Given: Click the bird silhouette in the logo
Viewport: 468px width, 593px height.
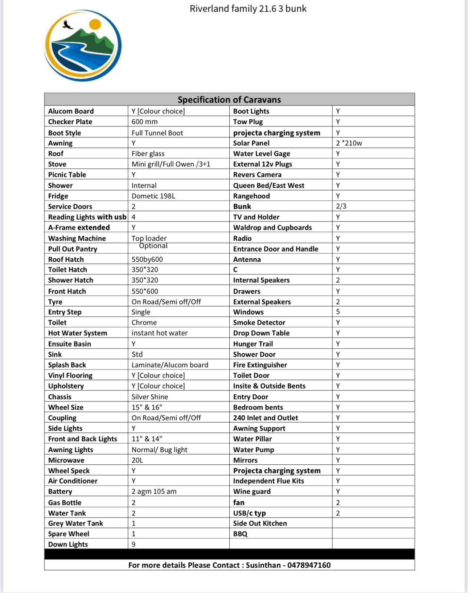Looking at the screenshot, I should (x=67, y=25).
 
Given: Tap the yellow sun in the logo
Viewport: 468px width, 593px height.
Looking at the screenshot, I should (x=95, y=24).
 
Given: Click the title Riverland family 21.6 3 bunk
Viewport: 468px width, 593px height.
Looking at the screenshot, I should (x=248, y=9).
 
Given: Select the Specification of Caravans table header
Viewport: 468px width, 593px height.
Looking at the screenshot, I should (x=229, y=100).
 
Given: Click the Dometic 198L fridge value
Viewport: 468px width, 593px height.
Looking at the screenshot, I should (x=153, y=196).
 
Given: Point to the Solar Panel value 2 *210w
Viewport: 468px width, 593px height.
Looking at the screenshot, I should (x=349, y=143).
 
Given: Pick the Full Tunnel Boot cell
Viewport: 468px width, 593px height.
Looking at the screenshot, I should (x=157, y=133).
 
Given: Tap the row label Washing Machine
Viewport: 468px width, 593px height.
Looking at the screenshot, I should (x=77, y=238).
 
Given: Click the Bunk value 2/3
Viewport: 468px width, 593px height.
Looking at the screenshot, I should (x=341, y=206).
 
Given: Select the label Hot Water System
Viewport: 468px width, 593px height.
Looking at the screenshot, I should (x=78, y=333).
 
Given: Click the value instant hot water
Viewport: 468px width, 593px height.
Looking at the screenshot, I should (x=160, y=333).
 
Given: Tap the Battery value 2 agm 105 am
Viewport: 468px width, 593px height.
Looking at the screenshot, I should (x=154, y=492).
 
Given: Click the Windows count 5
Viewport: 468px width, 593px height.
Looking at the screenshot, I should (x=338, y=312).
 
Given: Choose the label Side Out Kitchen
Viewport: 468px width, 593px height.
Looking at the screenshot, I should (x=260, y=523).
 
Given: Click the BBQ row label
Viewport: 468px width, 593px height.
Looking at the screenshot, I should (x=240, y=534).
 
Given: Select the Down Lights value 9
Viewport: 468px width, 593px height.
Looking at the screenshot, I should (x=134, y=544).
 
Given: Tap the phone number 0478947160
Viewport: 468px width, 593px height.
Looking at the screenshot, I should (x=309, y=565).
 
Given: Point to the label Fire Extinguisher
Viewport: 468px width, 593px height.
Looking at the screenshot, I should (x=260, y=365).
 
